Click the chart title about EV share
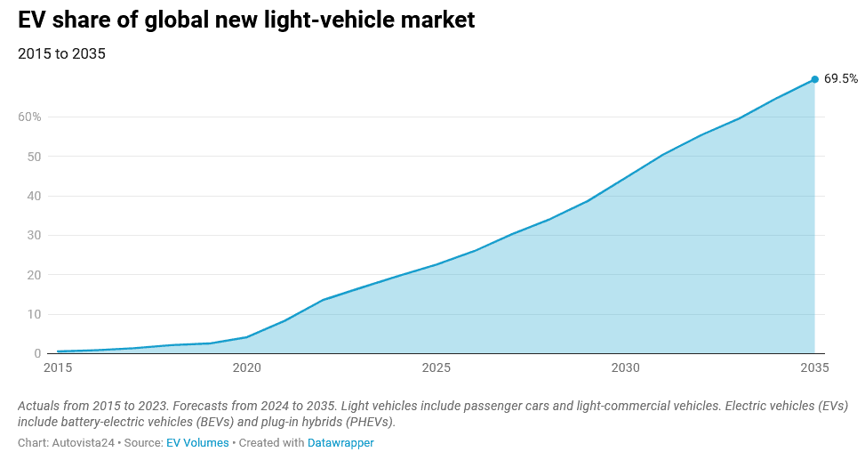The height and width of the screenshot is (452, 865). [246, 20]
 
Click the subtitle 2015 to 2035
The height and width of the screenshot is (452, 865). [61, 53]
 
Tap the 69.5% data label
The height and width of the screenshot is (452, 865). [840, 78]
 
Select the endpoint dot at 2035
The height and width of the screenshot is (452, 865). [814, 79]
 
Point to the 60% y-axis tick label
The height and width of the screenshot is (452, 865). [29, 117]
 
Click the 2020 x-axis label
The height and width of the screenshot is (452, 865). [246, 367]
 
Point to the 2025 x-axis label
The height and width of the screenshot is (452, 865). [436, 367]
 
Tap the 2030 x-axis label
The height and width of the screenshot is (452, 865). [625, 367]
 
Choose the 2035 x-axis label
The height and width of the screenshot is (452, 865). [814, 367]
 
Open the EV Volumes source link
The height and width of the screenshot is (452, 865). [197, 442]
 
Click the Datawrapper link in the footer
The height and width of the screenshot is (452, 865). [340, 442]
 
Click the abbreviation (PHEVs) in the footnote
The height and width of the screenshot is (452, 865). [366, 422]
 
